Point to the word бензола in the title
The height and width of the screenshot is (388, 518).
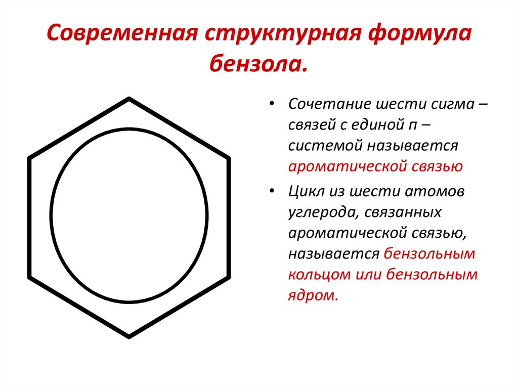[258, 64]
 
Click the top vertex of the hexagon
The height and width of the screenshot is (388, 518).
[129, 99]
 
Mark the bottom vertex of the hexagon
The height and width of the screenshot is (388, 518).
[129, 336]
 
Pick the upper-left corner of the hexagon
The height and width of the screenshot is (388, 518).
[29, 159]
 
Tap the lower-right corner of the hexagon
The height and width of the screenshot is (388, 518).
[229, 277]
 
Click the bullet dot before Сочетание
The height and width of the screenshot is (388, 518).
[272, 104]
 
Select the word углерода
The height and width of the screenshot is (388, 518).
[320, 212]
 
